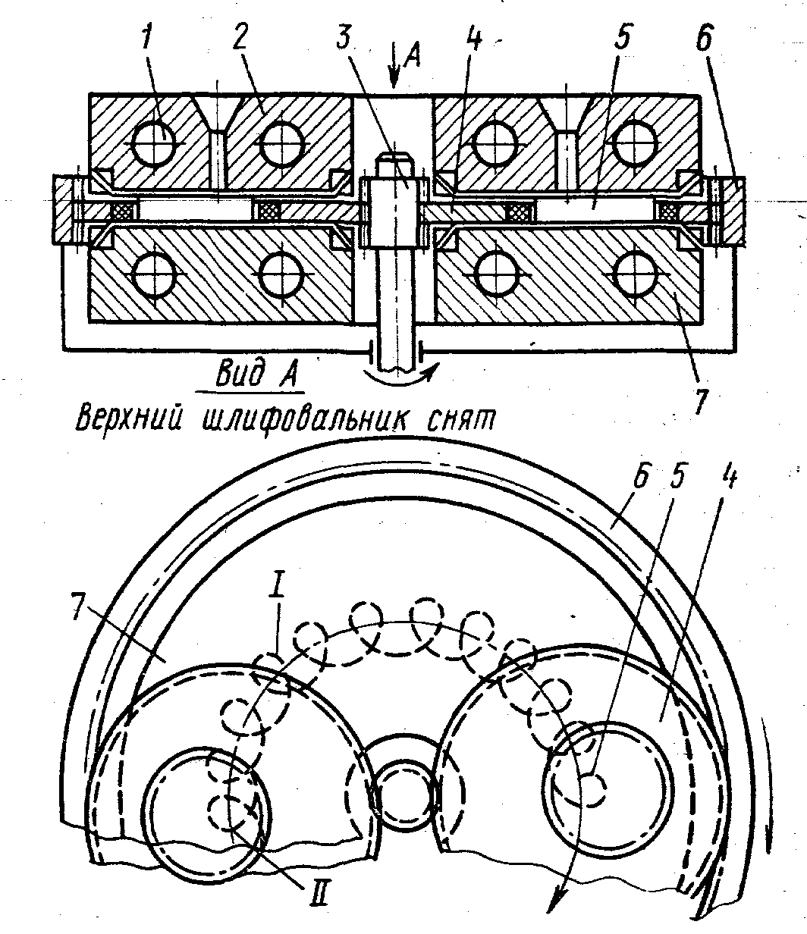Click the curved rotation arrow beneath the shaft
[x=402, y=373]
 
